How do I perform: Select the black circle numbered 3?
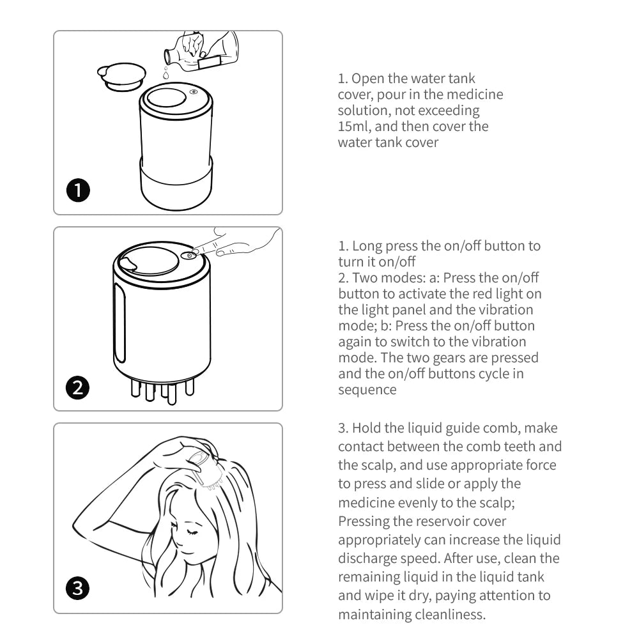(78, 589)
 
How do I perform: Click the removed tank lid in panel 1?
(121, 76)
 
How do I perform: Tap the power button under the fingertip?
(189, 256)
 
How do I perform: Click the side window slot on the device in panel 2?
(119, 323)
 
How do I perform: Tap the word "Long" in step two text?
(367, 245)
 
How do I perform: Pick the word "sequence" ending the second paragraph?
(367, 389)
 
